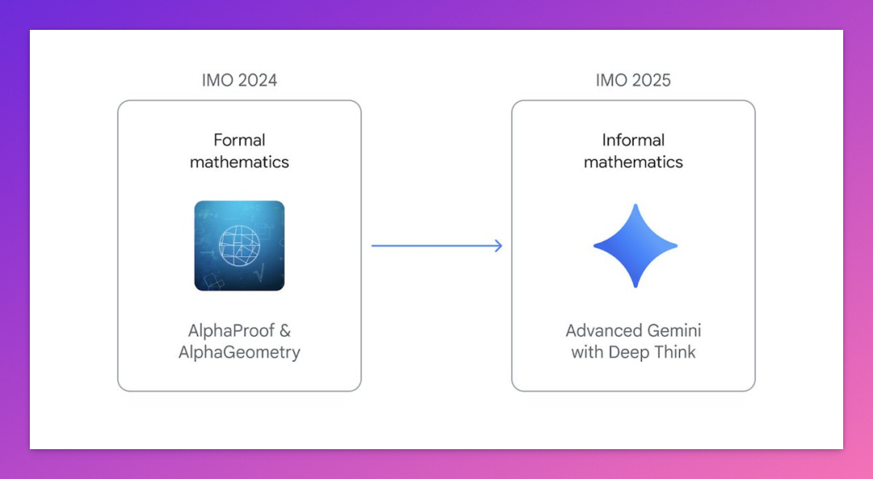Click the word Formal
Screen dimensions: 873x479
239,140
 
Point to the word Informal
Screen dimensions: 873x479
634,140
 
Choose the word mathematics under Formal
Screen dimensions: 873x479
239,162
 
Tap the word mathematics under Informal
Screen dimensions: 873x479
634,162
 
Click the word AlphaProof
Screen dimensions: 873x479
231,331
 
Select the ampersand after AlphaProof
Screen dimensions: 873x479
285,331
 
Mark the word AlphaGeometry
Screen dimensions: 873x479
239,353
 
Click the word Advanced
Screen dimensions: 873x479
597,331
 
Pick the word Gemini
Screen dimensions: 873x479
668,331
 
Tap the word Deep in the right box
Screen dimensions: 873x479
626,353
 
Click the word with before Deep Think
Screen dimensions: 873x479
588,352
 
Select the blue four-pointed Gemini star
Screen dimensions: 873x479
635,246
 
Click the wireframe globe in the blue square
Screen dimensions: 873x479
239,245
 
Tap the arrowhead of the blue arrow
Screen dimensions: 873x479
497,246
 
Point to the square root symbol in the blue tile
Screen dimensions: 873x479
258,273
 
